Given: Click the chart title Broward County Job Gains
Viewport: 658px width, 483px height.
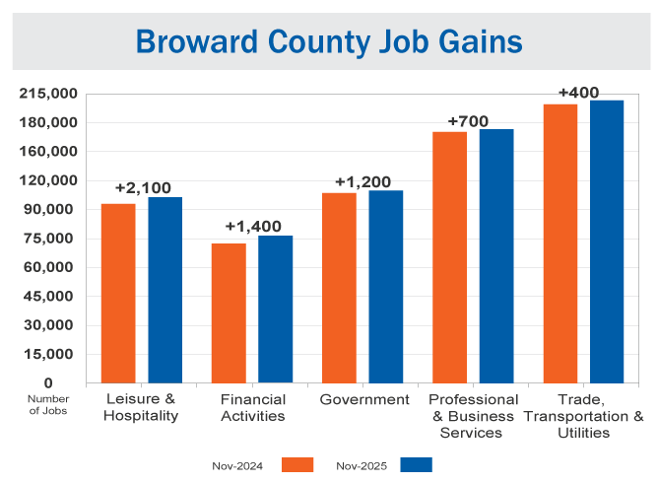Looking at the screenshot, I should coord(329,41).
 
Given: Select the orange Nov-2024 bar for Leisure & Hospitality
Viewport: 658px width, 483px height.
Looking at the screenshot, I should coord(118,293).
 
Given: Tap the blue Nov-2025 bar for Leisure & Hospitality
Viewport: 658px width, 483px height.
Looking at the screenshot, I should coord(165,290).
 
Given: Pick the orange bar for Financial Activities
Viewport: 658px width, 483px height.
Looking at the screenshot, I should coord(229,312).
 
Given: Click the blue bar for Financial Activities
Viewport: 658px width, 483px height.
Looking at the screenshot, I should coord(276,309).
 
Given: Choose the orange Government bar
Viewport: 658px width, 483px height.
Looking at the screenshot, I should coord(339,287).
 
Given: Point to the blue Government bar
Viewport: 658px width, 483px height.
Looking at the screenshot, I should coord(386,286).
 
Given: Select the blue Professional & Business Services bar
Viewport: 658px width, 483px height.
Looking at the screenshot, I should coord(496,255).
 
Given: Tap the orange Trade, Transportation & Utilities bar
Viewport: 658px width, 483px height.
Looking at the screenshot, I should coord(560,242).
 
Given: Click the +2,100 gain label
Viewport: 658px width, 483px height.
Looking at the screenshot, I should coord(143,187).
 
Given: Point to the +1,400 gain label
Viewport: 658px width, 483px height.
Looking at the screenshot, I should coord(253,226).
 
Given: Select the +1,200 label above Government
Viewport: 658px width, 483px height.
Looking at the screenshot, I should coord(362,181).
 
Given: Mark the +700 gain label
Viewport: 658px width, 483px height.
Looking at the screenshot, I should coord(468,121).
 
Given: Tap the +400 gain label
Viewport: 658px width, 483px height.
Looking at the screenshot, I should coord(578,93).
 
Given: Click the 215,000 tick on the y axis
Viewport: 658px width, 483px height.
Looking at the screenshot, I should coord(48,94).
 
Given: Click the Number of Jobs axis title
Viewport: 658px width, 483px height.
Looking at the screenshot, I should coord(47,404).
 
